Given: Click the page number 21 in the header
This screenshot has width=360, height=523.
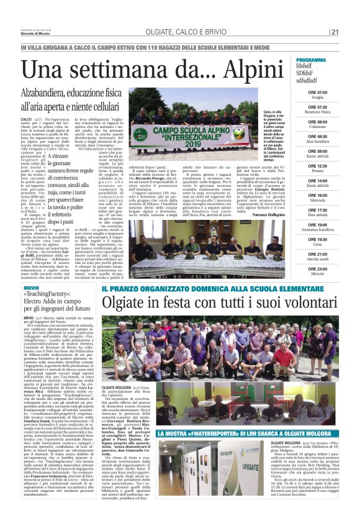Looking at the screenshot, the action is [335, 32].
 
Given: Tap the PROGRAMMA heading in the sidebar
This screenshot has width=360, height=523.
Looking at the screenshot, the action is [328, 60].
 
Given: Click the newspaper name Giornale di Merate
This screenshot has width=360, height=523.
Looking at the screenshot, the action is [33, 34].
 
